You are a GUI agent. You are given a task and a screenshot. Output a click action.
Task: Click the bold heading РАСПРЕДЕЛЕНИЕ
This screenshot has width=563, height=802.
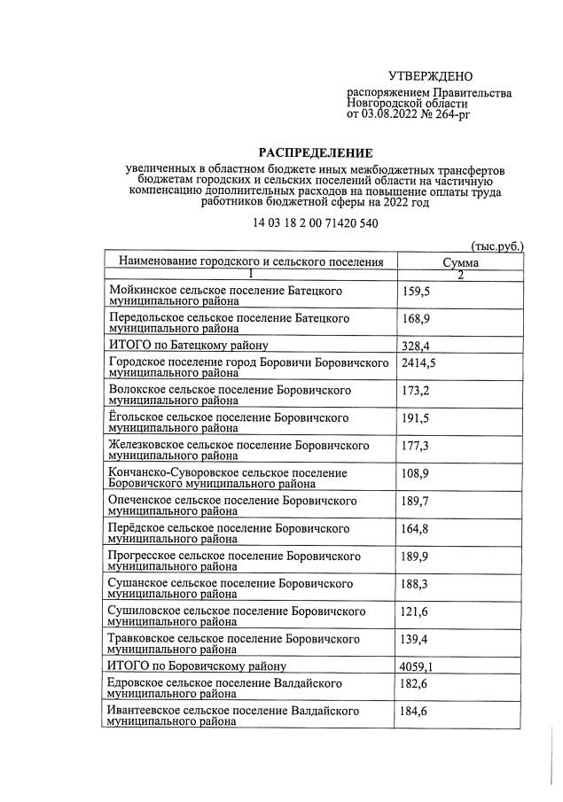[x=317, y=152]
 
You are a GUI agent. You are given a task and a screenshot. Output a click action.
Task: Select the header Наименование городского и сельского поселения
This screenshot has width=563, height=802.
[x=251, y=262]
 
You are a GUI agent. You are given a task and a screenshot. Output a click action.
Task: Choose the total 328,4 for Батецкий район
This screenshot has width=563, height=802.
[x=416, y=346]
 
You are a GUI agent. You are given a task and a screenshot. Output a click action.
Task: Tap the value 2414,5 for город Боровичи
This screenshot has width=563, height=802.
[x=419, y=363]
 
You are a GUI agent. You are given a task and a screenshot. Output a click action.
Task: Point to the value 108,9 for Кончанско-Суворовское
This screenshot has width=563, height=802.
[x=416, y=474]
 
